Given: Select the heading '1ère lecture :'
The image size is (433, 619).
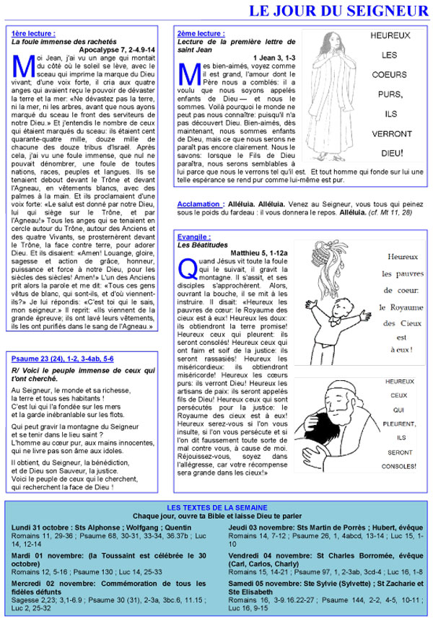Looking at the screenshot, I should (x=33, y=34).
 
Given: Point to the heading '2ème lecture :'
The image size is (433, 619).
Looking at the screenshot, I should (x=201, y=34).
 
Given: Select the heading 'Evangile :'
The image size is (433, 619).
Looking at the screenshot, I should (x=193, y=237).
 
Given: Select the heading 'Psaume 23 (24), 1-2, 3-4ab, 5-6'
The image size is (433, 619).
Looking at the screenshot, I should (x=63, y=359).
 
